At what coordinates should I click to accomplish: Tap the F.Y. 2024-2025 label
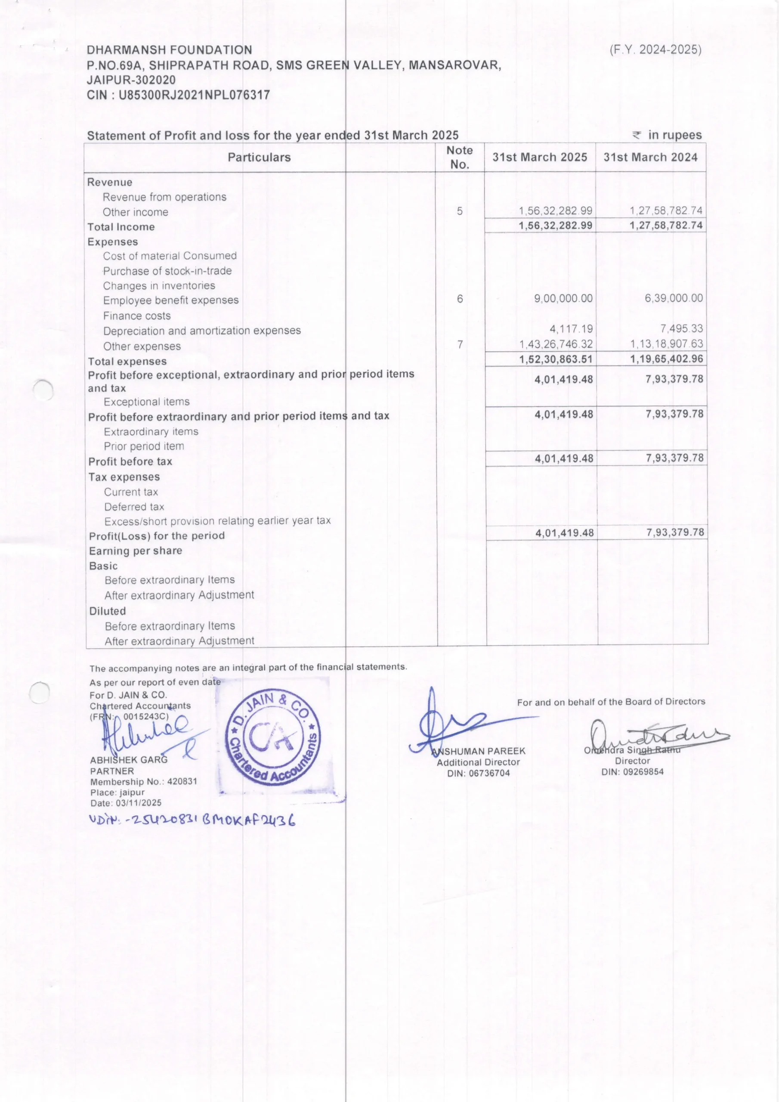(x=655, y=50)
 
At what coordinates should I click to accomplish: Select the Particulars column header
(x=259, y=158)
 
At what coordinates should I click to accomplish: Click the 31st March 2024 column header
(x=650, y=158)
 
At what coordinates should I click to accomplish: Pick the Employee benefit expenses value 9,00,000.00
(x=563, y=299)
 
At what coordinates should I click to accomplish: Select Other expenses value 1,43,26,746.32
(x=556, y=344)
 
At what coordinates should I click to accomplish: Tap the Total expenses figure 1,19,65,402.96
(x=667, y=359)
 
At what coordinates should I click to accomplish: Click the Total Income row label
(x=121, y=227)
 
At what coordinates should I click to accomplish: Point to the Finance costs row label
(x=137, y=316)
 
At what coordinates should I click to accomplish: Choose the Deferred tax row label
(x=134, y=507)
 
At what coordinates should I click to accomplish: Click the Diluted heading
(x=108, y=611)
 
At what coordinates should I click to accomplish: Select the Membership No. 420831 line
(x=143, y=781)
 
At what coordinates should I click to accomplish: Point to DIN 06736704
(x=479, y=773)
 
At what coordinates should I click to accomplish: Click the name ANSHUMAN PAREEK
(x=479, y=751)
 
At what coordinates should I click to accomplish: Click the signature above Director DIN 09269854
(x=658, y=734)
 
